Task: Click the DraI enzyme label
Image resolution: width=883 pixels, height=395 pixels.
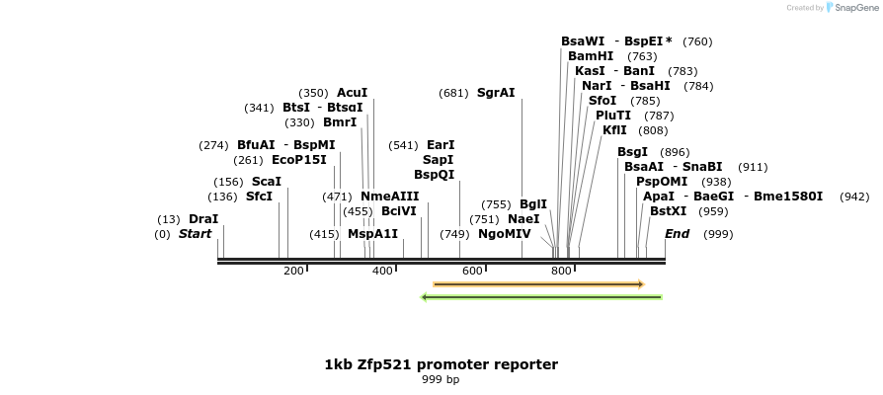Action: point(203,219)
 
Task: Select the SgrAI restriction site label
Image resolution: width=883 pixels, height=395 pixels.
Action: point(496,93)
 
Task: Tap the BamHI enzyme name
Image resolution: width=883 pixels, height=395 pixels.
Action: point(591,56)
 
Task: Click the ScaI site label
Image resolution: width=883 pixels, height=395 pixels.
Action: point(267,182)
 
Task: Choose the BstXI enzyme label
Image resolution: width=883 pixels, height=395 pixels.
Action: point(668,211)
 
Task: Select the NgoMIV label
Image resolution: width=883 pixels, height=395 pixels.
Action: point(504,234)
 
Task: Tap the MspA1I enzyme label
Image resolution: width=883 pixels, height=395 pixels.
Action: point(372,234)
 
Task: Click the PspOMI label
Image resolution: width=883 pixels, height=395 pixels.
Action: point(662,182)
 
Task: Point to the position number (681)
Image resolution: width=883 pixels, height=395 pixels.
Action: point(453,93)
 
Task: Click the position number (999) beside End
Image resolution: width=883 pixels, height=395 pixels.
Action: point(718,234)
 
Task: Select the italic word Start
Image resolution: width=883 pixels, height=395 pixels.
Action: point(195,234)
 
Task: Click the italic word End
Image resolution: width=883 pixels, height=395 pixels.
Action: point(677,234)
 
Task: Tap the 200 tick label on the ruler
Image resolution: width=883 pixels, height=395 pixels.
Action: point(293,271)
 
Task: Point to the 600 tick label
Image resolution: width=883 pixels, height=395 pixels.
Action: point(471,271)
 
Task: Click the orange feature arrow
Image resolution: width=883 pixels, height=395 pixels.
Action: point(538,284)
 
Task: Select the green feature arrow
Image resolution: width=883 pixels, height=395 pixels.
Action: point(541,296)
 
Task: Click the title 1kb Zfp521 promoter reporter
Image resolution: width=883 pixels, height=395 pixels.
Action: point(441,364)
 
